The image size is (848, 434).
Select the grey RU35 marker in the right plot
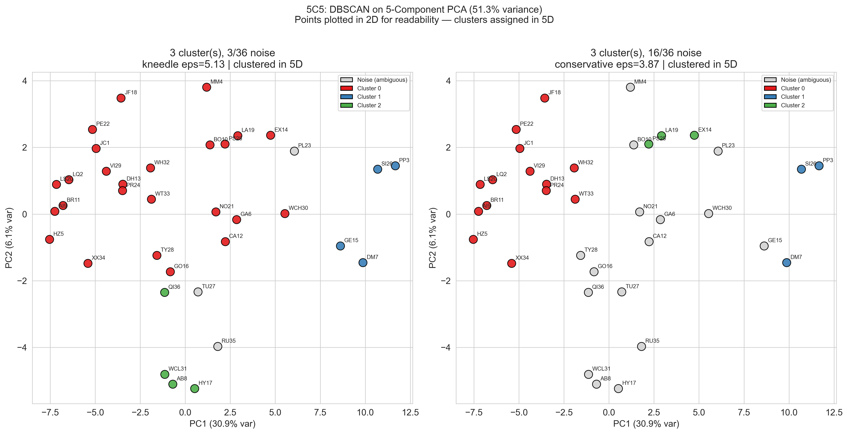point(641,346)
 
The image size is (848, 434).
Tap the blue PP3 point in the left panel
point(395,166)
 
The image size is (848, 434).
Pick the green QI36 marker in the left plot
point(165,292)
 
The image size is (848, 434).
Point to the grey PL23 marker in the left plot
point(294,151)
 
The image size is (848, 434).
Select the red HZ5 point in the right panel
point(473,239)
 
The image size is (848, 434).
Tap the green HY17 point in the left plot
point(195,389)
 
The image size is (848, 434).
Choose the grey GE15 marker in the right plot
point(764,246)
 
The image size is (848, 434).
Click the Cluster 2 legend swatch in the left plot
point(346,105)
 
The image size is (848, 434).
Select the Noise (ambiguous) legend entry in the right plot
point(806,80)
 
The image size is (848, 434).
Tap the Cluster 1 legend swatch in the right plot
point(770,97)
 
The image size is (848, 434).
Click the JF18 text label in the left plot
point(131,93)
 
